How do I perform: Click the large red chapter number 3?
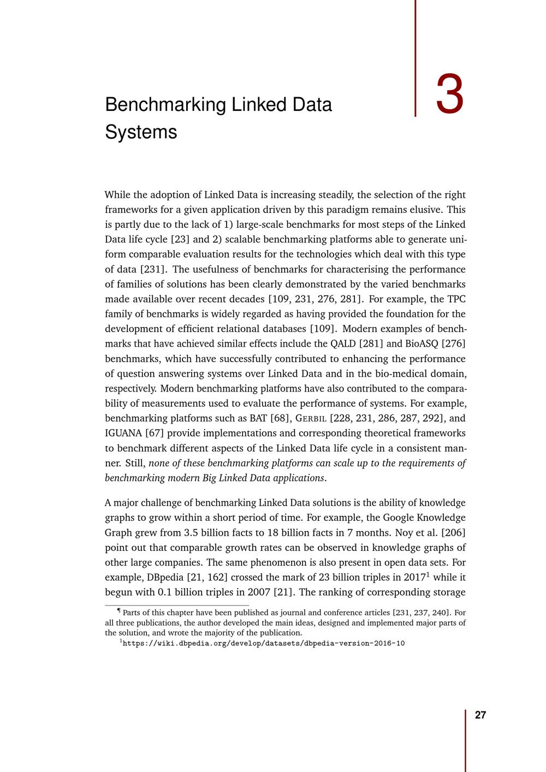pos(449,95)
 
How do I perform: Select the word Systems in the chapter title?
pos(141,132)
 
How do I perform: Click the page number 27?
pos(480,715)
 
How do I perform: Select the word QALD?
pos(343,343)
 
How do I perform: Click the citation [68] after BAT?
pos(280,418)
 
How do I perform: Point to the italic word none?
pos(159,463)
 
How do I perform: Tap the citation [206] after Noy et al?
pos(453,532)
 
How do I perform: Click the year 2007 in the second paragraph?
pos(259,592)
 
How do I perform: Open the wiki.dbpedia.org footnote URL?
pos(264,644)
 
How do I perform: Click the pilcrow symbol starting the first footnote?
pos(119,611)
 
